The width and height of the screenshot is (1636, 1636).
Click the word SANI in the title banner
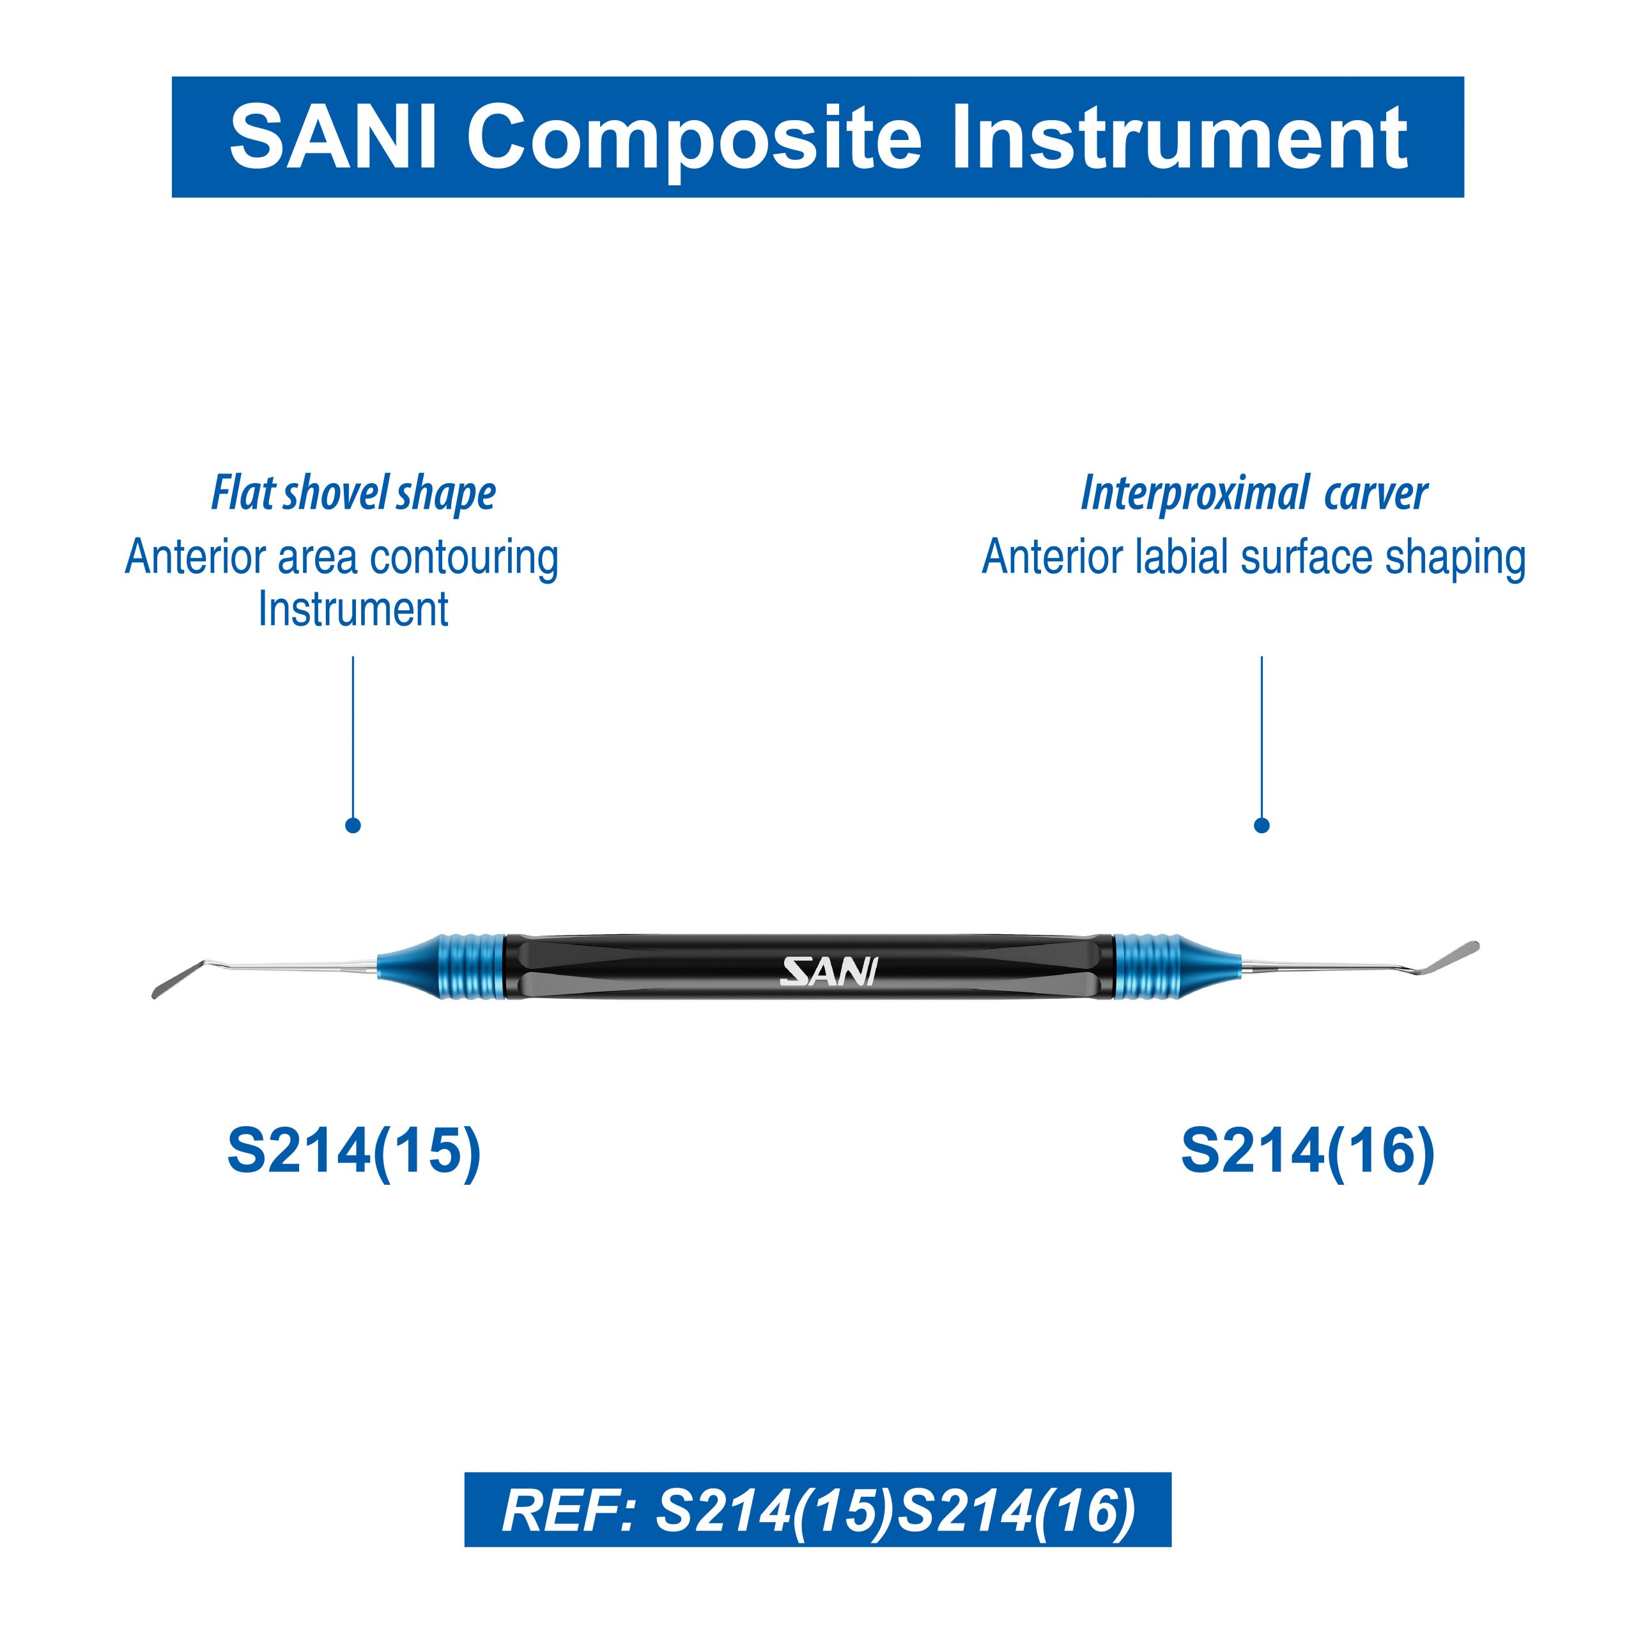pos(334,137)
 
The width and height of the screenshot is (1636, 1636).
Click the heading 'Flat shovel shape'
pos(353,494)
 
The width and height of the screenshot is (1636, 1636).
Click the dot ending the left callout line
pos(353,825)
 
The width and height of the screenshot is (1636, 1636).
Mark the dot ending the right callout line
pos(1262,825)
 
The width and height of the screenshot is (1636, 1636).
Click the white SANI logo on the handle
pos(828,972)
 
